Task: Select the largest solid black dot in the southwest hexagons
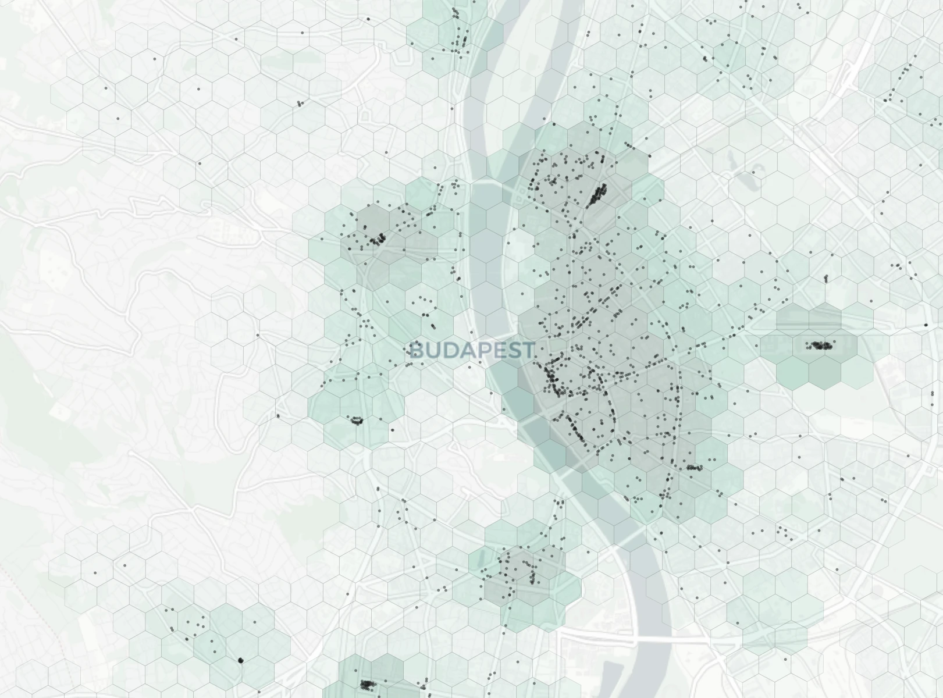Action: click(241, 660)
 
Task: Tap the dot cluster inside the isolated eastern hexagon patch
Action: click(820, 346)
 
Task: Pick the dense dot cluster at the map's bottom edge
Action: click(367, 684)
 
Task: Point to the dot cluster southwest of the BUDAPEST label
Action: click(357, 420)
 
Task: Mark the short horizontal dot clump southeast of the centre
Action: click(693, 468)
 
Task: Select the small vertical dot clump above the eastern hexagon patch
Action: click(825, 279)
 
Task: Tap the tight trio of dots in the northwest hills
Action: click(300, 104)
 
